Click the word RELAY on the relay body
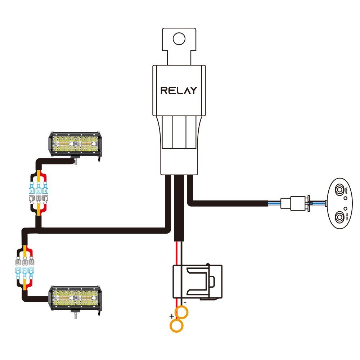pos(179,90)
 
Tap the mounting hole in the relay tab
pos(179,38)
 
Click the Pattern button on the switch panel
pos(339,189)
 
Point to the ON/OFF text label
pos(346,215)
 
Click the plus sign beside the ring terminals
pos(172,316)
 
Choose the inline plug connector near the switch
pos(296,204)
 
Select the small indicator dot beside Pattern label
pos(345,198)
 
